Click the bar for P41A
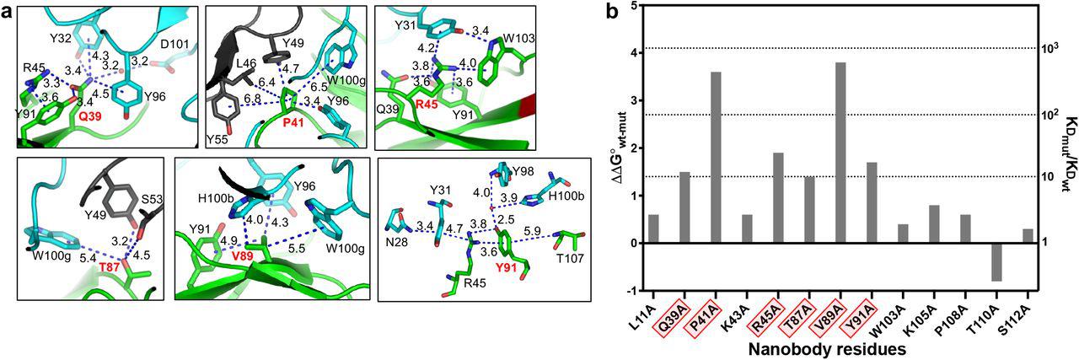[x=716, y=158]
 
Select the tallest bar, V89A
[x=840, y=153]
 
